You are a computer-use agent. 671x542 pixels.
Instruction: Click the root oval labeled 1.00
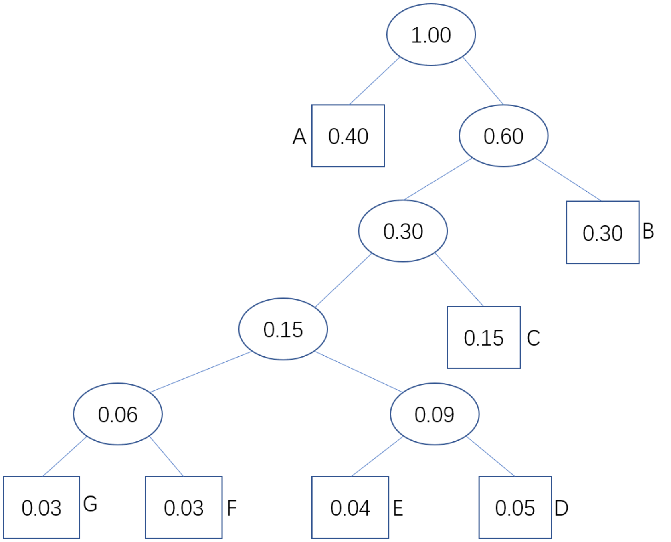tap(431, 34)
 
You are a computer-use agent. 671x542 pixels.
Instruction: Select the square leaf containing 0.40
tap(348, 135)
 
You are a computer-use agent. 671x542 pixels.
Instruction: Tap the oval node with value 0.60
tap(503, 135)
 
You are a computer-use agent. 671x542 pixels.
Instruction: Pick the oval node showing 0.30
tap(403, 231)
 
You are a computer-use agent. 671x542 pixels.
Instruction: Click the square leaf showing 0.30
tap(602, 232)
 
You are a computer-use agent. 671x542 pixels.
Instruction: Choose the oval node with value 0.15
tap(283, 329)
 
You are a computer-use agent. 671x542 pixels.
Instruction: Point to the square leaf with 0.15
tap(484, 337)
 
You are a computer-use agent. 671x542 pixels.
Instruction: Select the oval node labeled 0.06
tap(118, 414)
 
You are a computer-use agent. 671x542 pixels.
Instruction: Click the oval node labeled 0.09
tap(435, 414)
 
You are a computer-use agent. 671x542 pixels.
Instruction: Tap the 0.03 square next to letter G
tap(41, 507)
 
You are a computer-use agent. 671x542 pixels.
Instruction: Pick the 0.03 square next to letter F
tap(184, 507)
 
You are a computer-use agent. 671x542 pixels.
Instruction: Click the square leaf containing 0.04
tap(350, 507)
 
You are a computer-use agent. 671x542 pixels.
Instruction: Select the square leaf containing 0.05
tap(515, 507)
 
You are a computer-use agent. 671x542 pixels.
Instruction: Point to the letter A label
tap(299, 136)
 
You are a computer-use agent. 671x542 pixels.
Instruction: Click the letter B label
tap(648, 231)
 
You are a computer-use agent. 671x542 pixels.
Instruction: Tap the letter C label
tap(533, 338)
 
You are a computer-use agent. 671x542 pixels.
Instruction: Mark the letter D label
tap(561, 508)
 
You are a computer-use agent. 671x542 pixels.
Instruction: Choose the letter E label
tap(398, 508)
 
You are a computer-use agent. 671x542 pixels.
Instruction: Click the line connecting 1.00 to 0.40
tap(374, 81)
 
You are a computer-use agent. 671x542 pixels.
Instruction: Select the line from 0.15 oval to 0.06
tap(201, 372)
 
